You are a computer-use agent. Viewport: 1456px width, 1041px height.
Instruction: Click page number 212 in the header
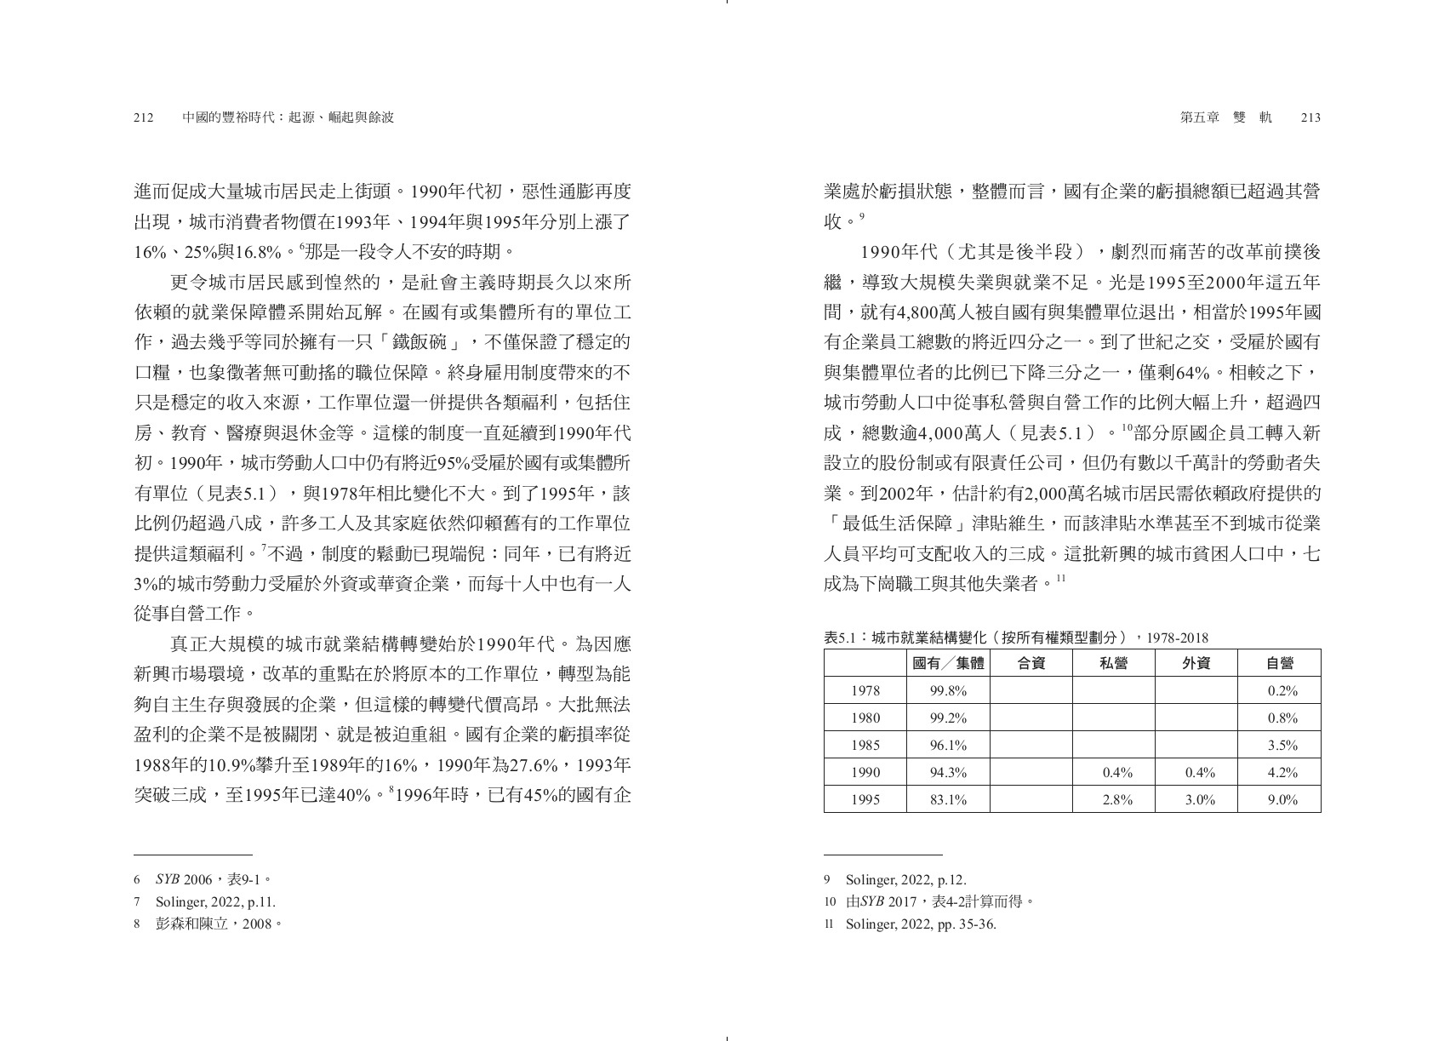[143, 117]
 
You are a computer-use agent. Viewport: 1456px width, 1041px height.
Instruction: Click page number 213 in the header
[1310, 117]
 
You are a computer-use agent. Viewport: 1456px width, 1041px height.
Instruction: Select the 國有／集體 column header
[948, 663]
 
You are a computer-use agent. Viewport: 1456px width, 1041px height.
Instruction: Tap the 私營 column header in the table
[1114, 663]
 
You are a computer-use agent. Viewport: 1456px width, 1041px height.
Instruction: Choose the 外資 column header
[1196, 663]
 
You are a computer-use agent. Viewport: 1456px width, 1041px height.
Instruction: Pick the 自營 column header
[1280, 663]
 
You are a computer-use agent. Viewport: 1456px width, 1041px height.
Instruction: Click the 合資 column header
[1031, 663]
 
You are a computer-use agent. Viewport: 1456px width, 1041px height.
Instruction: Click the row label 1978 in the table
[865, 690]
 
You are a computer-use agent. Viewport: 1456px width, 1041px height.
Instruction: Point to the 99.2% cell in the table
[948, 718]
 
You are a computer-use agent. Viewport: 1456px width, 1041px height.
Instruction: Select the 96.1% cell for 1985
[948, 745]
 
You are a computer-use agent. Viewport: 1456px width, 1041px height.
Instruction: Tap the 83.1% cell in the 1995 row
[948, 799]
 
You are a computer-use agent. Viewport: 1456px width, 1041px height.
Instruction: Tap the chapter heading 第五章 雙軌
[1225, 117]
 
